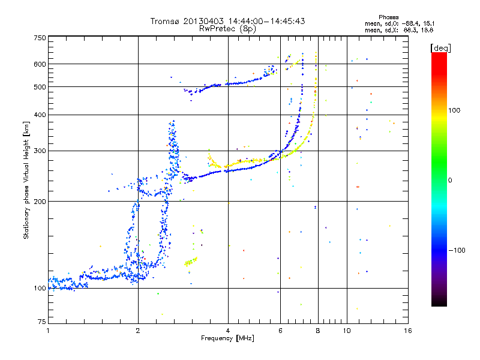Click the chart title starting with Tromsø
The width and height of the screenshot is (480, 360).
pyautogui.click(x=228, y=21)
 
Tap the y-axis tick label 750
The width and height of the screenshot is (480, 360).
pyautogui.click(x=40, y=38)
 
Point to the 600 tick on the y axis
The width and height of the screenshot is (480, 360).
pyautogui.click(x=40, y=64)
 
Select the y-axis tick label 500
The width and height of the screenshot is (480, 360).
pyautogui.click(x=40, y=87)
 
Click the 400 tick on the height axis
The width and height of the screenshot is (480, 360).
pyautogui.click(x=40, y=115)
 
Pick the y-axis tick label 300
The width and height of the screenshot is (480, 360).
pyautogui.click(x=40, y=151)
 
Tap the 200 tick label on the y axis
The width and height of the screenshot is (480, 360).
pyautogui.click(x=40, y=201)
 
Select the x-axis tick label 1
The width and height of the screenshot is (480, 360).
pyautogui.click(x=48, y=331)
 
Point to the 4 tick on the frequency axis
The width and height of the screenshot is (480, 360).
pyautogui.click(x=228, y=331)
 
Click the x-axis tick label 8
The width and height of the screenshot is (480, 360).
pyautogui.click(x=318, y=331)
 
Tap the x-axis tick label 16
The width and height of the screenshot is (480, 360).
pyautogui.click(x=407, y=331)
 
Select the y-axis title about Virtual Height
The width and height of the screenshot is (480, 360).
pyautogui.click(x=26, y=180)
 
